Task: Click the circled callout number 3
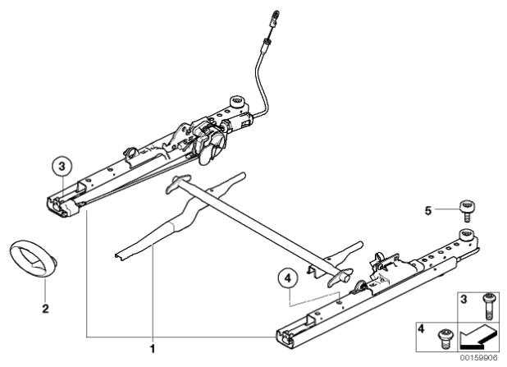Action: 62,167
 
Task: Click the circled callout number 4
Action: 287,278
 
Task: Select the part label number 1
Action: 153,349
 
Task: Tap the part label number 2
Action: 45,309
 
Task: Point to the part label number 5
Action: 427,211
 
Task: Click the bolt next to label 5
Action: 467,211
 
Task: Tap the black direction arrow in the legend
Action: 477,338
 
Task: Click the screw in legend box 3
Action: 487,306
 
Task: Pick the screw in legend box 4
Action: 443,338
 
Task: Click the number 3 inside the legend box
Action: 464,300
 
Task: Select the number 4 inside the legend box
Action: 421,329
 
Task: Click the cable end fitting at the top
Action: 273,19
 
